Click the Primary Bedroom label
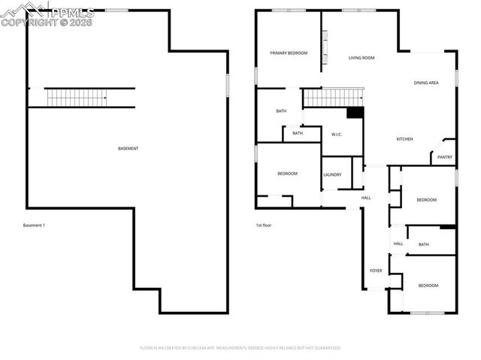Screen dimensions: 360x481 [289, 53]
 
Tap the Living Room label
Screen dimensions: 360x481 [362, 58]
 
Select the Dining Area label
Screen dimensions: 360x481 [426, 83]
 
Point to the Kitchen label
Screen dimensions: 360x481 [404, 139]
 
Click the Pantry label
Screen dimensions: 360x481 [445, 157]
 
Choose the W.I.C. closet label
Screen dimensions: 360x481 [337, 135]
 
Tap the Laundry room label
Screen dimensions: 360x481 [332, 175]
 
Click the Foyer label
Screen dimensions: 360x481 [376, 271]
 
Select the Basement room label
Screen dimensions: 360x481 [129, 149]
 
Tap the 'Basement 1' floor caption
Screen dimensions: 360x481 [35, 225]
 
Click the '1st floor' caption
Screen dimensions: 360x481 [264, 225]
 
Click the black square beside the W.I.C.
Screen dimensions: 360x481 [355, 113]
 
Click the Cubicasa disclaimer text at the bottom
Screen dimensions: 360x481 [240, 348]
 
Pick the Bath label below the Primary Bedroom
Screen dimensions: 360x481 [281, 111]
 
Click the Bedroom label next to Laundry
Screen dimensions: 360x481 [287, 174]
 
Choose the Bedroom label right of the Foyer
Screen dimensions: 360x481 [428, 286]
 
